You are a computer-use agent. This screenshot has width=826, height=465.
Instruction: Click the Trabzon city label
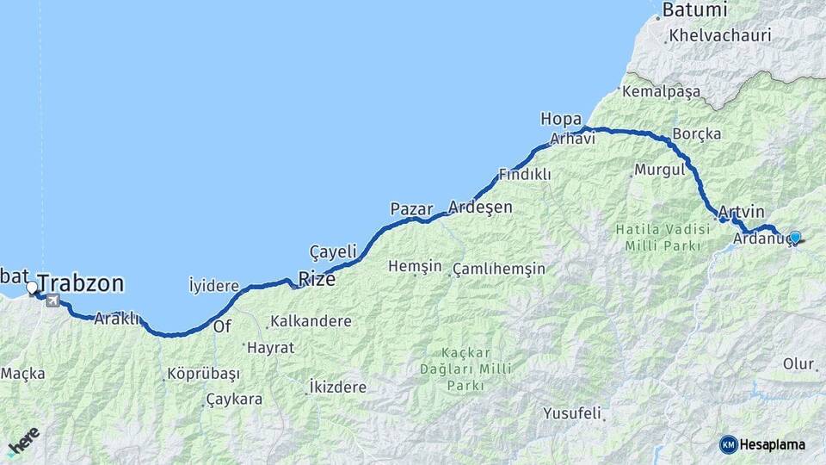pos(81,283)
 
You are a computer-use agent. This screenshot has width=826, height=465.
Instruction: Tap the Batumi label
pos(693,11)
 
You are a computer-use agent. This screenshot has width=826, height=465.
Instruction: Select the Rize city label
pos(317,278)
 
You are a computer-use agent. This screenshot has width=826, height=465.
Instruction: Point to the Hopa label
pos(561,119)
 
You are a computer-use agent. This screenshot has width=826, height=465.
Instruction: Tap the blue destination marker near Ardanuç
pos(795,237)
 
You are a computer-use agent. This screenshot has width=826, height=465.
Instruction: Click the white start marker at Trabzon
pos(32,288)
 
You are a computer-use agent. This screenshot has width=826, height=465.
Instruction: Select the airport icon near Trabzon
pos(54,301)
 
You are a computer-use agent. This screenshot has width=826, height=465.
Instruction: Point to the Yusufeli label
pos(571,413)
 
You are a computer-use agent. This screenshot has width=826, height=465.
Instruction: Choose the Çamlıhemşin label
pos(499,268)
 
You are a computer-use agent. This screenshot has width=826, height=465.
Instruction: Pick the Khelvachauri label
pos(720,36)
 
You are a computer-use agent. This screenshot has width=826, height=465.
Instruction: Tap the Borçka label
pos(697,134)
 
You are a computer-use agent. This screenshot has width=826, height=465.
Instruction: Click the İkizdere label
pos(337,387)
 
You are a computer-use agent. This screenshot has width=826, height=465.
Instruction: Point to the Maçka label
pos(23,374)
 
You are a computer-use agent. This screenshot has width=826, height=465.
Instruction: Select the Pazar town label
pos(411,208)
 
